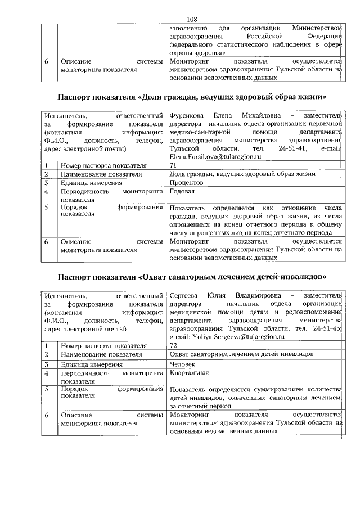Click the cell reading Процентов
[186, 183]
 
